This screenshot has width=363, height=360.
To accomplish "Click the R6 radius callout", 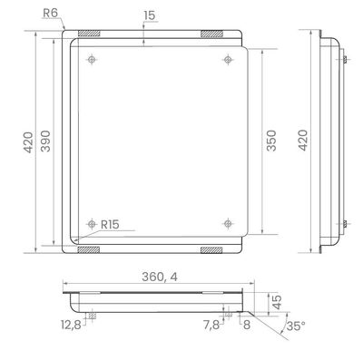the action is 50,13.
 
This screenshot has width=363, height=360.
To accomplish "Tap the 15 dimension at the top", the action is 150,15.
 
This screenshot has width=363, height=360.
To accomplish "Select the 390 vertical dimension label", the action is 45,141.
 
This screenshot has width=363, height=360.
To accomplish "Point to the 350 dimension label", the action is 271,141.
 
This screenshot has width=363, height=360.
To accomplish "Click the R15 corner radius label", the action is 110,225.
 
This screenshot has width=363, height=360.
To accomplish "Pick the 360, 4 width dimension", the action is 160,277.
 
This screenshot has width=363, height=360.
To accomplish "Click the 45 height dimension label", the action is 277,302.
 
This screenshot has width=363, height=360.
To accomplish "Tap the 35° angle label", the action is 296,326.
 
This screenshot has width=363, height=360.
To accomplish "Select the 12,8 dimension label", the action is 71,326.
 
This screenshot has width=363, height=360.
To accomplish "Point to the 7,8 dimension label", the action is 211,326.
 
